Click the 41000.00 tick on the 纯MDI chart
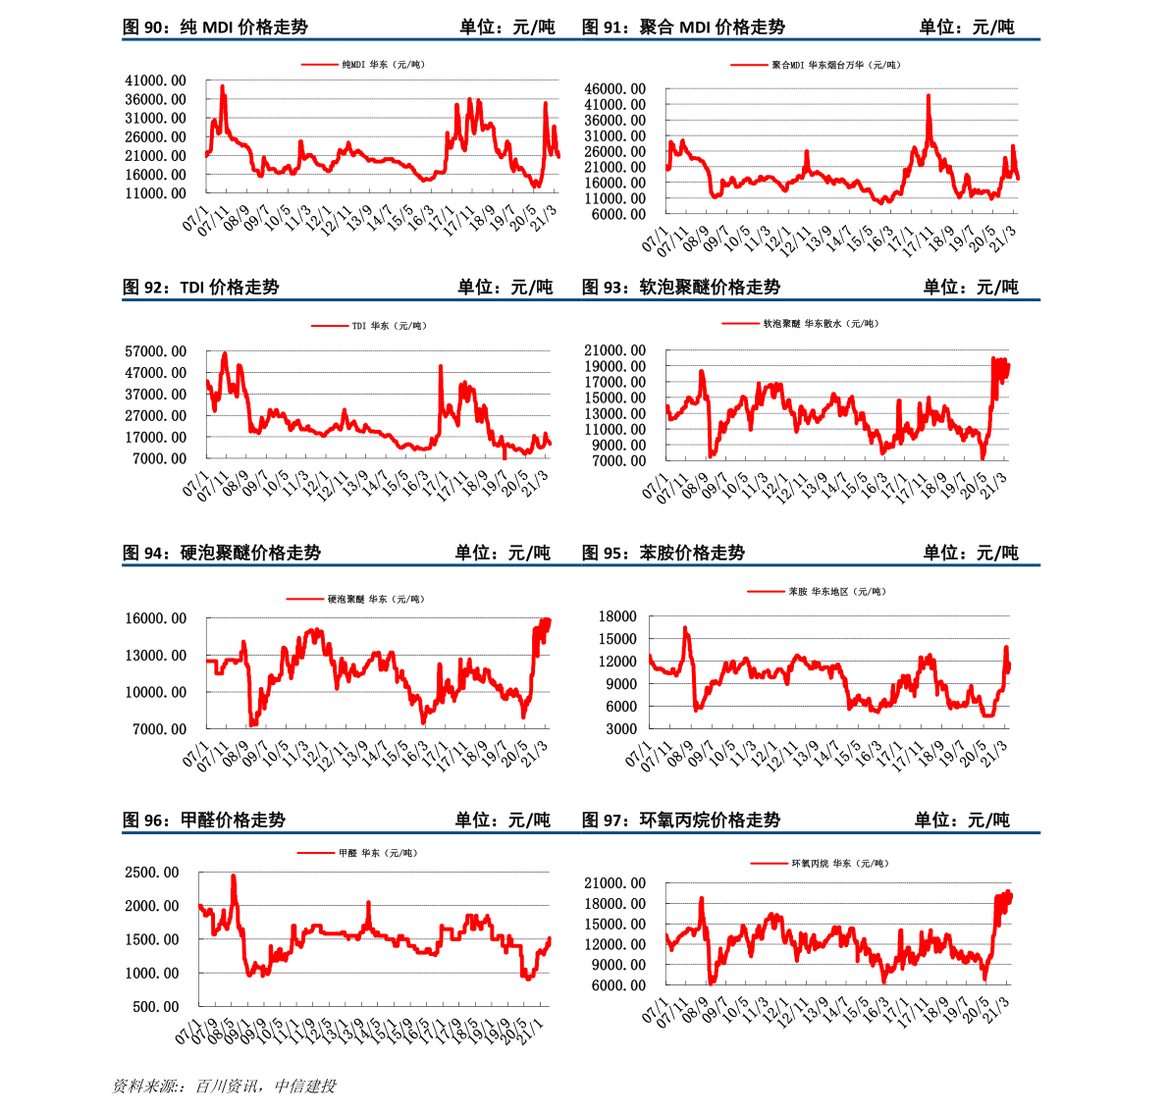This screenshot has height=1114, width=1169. coord(155,80)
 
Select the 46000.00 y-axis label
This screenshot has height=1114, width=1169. coord(614,89)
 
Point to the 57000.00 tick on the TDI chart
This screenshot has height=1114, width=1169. coord(155,351)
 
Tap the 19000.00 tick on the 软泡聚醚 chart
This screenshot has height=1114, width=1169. coord(614,366)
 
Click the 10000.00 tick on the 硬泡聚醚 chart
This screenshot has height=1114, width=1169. coord(155,692)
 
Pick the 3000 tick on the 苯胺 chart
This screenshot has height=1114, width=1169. coord(620,728)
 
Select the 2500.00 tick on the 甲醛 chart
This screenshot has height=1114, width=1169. coord(151,873)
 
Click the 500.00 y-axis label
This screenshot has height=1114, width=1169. coord(155,1006)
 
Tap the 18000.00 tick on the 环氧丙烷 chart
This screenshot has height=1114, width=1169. coord(614,904)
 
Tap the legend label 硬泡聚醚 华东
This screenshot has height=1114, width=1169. coord(376,599)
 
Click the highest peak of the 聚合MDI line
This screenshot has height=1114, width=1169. coord(928,95)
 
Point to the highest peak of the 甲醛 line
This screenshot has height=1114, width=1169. coord(233,875)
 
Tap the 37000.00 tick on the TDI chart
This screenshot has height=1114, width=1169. coord(155,395)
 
